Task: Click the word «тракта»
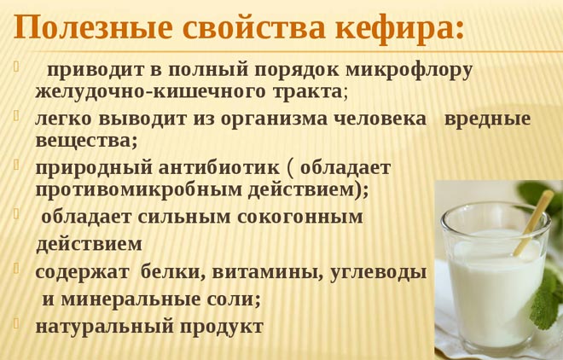click(305, 91)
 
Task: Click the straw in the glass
click(533, 221)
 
